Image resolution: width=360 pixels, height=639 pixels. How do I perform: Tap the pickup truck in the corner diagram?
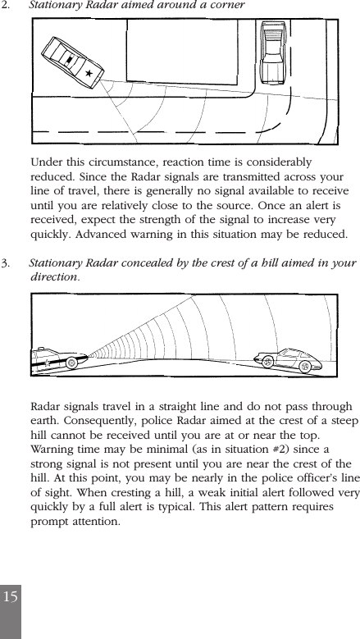coord(271,51)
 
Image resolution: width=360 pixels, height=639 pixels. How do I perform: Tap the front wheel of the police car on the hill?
coord(72,361)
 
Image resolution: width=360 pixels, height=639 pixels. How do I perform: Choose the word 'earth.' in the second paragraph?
coord(48,422)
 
